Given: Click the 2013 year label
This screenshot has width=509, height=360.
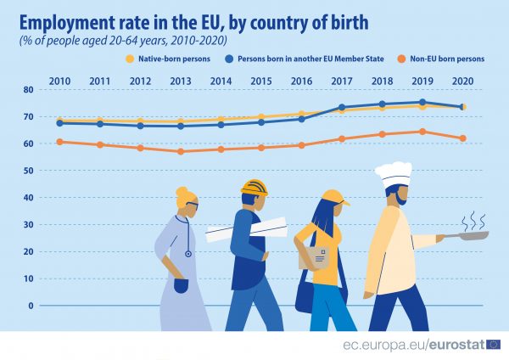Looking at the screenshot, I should coord(181,80).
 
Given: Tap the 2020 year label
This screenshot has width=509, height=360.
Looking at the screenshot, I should coord(463,80).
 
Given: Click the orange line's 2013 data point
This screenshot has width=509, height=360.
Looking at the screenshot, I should coord(181,152).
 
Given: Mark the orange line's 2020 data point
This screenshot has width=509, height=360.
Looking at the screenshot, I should coord(463,138).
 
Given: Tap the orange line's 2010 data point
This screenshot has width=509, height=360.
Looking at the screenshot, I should coord(59,142).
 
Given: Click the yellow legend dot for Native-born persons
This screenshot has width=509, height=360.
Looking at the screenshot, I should coord(130,59).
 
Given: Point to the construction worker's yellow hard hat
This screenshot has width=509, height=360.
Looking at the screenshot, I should coord(254,188).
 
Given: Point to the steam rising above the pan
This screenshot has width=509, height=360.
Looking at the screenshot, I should coord(473,220).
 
